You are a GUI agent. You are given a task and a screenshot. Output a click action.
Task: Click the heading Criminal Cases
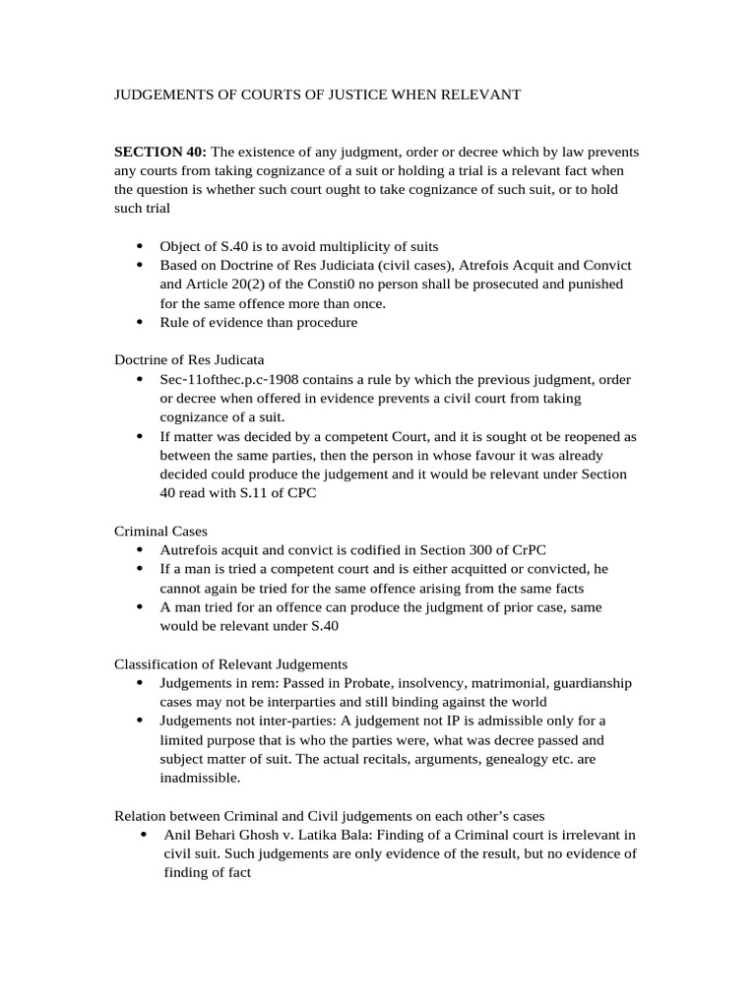pyautogui.click(x=160, y=530)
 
